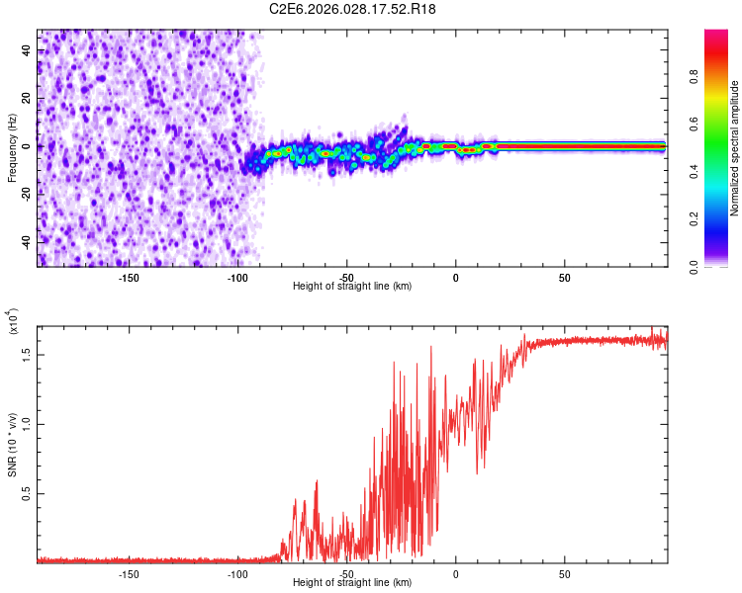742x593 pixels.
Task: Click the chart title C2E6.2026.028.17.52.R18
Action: coord(353,9)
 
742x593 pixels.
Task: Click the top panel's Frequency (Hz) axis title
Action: coord(12,147)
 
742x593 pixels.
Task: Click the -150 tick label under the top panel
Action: coord(129,277)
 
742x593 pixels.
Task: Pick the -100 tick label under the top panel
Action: coord(237,277)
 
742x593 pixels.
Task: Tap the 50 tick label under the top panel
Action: coord(564,277)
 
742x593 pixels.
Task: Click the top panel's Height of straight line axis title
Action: coord(352,287)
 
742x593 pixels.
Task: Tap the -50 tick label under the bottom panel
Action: coord(346,573)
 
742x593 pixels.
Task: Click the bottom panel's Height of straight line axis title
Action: coord(352,584)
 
